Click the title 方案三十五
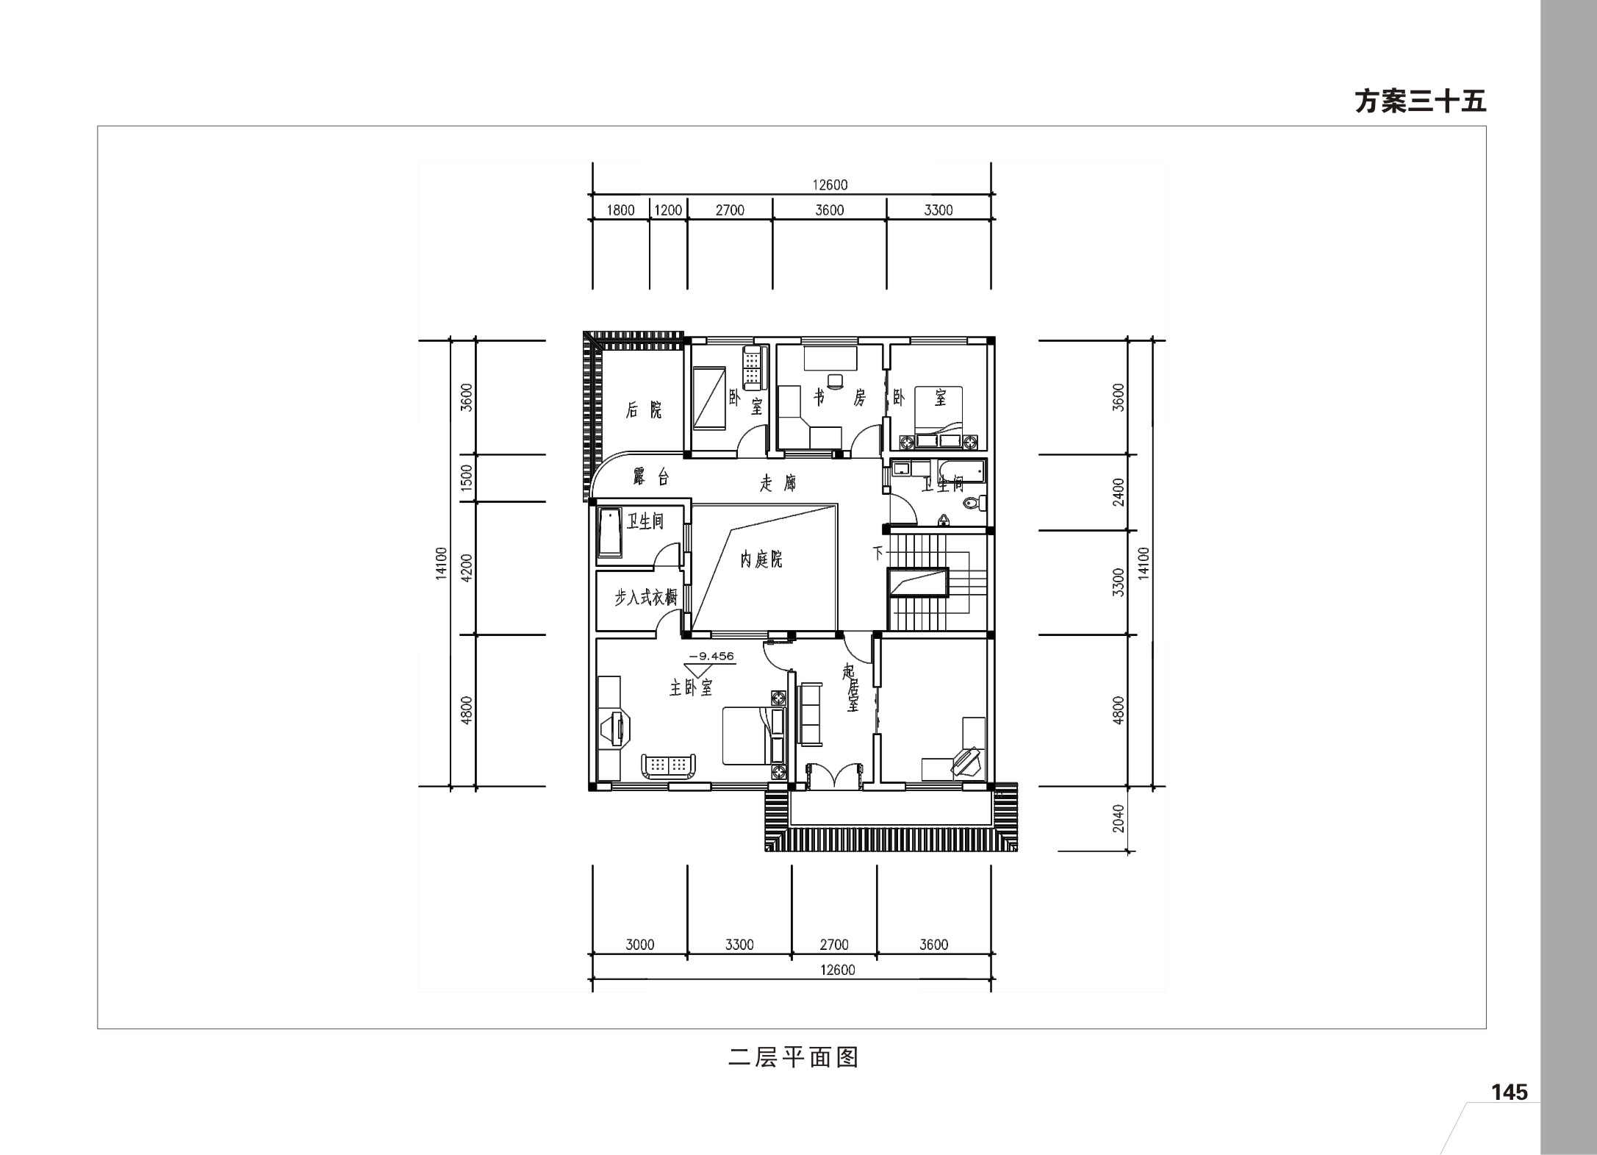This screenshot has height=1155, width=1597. [1420, 101]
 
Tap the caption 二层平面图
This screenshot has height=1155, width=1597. [794, 1057]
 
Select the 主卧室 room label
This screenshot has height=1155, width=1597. [691, 687]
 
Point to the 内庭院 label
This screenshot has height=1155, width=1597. [761, 559]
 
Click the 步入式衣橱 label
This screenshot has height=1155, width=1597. [645, 597]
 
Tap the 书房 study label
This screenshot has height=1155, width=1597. [839, 398]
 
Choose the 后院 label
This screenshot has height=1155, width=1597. [644, 410]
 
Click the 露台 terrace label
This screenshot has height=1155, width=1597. [651, 477]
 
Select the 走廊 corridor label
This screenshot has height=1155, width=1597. [778, 484]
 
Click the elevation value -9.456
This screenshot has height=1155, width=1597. [711, 656]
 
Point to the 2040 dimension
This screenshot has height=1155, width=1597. [1119, 818]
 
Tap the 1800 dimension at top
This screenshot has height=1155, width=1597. [620, 210]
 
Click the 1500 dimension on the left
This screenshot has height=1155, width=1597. [466, 479]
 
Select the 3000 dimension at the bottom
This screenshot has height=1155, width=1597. [639, 945]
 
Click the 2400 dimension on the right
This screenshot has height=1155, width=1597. [1119, 492]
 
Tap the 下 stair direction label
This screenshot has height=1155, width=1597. [878, 552]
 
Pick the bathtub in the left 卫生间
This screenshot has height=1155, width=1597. [610, 532]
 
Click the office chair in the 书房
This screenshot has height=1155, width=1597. [835, 380]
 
